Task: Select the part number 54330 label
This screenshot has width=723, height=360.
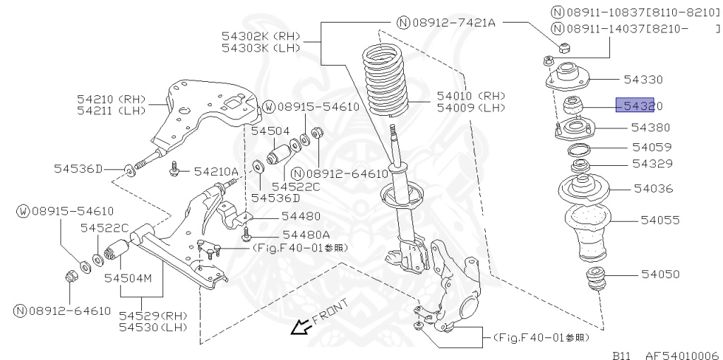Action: pos(643,80)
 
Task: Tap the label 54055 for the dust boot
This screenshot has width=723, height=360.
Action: pos(660,220)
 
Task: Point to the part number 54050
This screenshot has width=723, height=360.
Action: pos(660,274)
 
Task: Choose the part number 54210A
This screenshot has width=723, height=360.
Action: pos(216,171)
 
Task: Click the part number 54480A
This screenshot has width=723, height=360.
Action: pos(306,234)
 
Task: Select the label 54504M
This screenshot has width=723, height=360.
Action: pos(129,279)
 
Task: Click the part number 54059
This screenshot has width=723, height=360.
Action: pos(652,148)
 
